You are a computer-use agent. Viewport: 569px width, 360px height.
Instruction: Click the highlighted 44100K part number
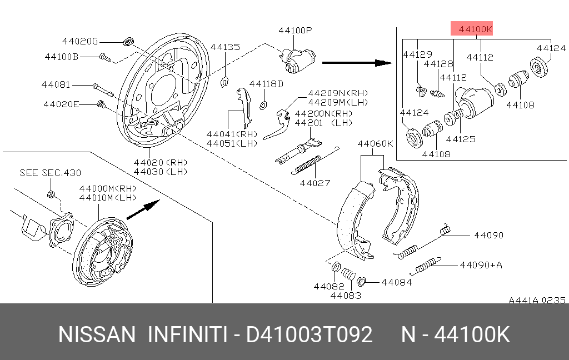[471, 29]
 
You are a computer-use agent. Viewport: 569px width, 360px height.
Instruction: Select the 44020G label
[79, 41]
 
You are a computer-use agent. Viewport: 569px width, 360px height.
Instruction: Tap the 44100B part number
[62, 56]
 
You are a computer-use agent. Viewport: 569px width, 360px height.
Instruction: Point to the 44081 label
[56, 85]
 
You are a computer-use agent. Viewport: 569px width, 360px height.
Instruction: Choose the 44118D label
[266, 84]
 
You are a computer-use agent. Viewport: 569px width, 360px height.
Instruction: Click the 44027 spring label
[315, 182]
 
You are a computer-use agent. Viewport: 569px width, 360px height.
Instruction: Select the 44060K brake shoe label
[375, 143]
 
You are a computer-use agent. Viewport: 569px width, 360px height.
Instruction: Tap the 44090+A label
[481, 265]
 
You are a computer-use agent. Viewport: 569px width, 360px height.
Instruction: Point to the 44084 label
[396, 282]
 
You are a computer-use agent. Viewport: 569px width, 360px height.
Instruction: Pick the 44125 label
[461, 139]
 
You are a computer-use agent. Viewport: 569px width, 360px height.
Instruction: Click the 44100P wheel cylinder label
[295, 31]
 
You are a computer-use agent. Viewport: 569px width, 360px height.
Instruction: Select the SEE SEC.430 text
[50, 173]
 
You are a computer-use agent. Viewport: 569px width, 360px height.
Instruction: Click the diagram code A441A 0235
[537, 300]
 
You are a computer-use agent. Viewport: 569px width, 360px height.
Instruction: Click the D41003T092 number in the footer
[309, 335]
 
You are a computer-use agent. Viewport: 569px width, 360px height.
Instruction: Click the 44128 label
[437, 64]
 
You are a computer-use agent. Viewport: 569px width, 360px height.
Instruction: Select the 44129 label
[417, 54]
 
